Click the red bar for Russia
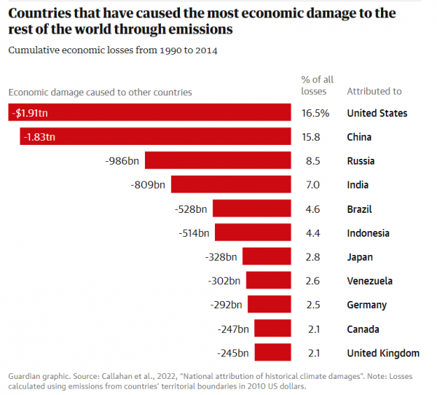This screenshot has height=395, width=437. tap(219, 160)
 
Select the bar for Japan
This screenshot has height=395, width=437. tap(267, 257)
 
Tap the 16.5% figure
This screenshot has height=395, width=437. tap(315, 113)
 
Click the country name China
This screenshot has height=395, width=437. tap(359, 137)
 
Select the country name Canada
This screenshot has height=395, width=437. tap(363, 329)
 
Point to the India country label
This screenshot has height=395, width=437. tap(358, 185)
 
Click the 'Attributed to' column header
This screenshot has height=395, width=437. tap(374, 92)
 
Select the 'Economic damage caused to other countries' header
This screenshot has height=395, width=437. tap(100, 93)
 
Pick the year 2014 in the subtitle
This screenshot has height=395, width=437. tap(205, 50)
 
